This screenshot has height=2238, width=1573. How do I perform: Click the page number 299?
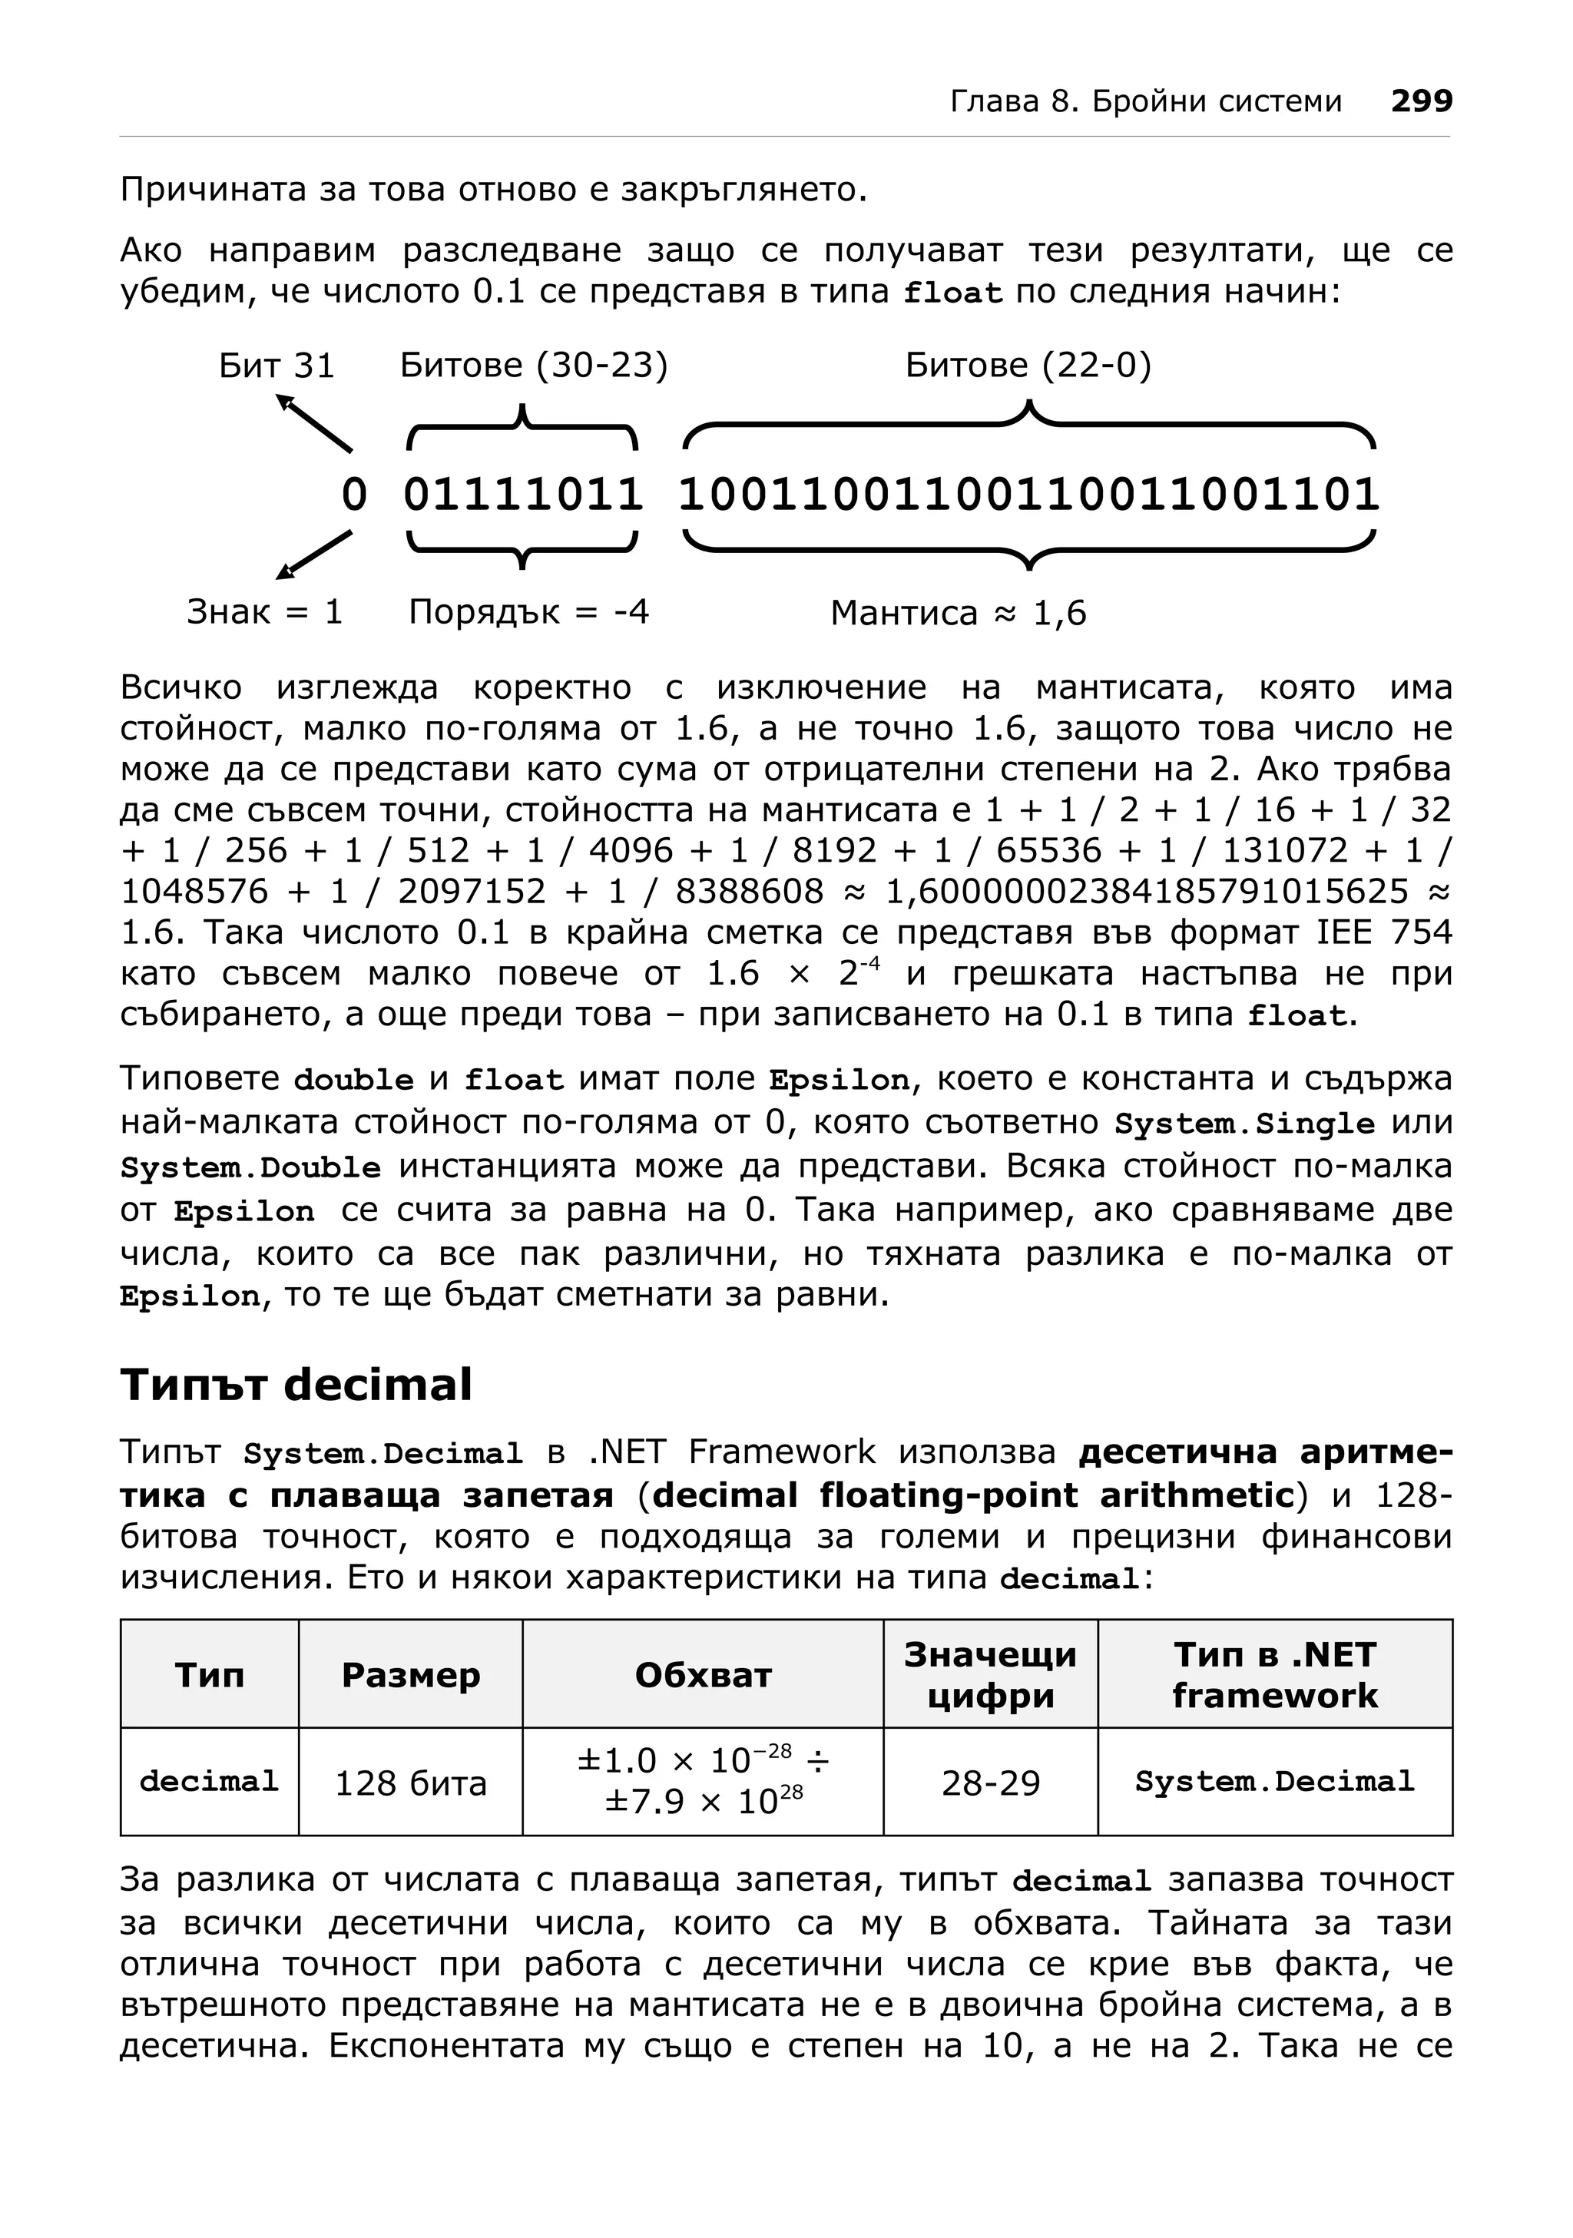[1421, 101]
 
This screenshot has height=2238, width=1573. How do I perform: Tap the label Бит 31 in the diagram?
[277, 366]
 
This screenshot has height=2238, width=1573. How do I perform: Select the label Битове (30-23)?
[534, 366]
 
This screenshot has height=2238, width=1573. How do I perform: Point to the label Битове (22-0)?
[1028, 366]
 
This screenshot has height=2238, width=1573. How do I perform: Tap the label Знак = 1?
[265, 612]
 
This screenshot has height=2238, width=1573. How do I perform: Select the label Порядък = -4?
[528, 612]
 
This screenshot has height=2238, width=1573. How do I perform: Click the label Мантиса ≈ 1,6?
[958, 613]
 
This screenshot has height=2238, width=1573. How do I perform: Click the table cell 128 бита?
[410, 1783]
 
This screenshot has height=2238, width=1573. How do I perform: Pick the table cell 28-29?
[990, 1783]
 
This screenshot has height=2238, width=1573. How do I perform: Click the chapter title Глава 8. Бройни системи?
[1146, 101]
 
